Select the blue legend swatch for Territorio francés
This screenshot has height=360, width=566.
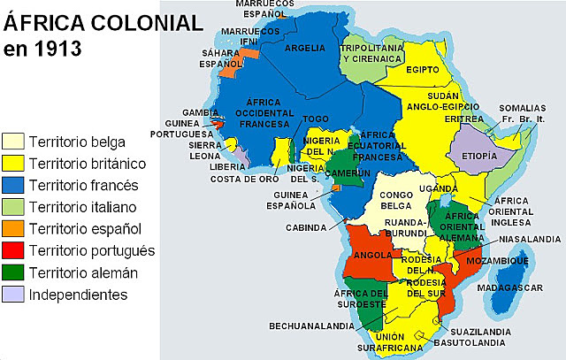[13, 186]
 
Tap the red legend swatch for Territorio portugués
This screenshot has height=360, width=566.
[13, 250]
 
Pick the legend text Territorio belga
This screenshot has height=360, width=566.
[77, 142]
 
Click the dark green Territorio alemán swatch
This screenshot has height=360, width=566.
[13, 272]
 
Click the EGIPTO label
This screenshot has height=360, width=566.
[423, 69]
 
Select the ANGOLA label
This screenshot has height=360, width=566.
[372, 256]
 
